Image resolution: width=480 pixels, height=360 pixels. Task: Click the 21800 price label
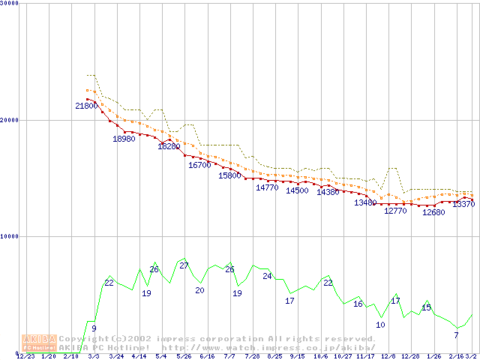[85, 106]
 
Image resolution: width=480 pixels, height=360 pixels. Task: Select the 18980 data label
[124, 139]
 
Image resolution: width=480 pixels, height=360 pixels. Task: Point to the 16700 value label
[199, 165]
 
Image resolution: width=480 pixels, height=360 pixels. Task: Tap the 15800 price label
[229, 175]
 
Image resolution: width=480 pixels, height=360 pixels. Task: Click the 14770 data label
[267, 187]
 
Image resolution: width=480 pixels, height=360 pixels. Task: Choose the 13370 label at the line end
[463, 204]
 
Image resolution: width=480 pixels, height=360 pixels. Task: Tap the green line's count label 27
[184, 265]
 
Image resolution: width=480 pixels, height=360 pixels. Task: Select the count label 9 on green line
[94, 328]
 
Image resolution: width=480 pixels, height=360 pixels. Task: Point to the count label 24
[267, 276]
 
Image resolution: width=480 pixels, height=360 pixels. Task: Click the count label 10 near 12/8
[380, 325]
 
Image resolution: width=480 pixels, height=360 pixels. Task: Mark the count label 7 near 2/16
[456, 335]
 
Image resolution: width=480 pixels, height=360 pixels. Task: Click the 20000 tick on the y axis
[10, 120]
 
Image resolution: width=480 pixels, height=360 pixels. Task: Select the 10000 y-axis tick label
[10, 236]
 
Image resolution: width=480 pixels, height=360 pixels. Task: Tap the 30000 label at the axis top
[10, 4]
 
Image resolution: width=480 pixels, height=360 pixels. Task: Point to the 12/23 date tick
[25, 356]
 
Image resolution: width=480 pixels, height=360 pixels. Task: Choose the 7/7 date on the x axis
[229, 356]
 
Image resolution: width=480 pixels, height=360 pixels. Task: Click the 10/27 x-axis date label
[343, 356]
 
